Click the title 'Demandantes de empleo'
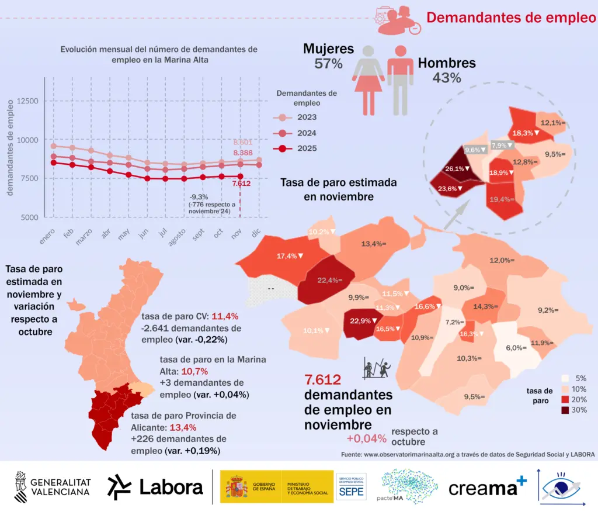click(x=510, y=17)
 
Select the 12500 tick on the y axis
click(x=27, y=101)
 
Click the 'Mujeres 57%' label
click(x=328, y=57)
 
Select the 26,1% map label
click(x=454, y=169)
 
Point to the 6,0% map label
click(x=516, y=348)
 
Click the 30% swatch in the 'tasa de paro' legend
click(x=565, y=410)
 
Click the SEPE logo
click(x=351, y=488)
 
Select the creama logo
click(x=487, y=488)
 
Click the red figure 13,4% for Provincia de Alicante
click(x=196, y=428)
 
